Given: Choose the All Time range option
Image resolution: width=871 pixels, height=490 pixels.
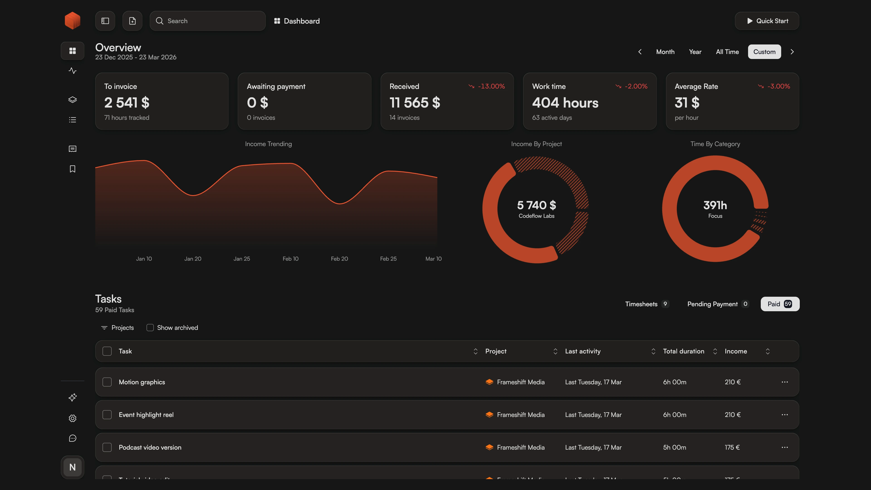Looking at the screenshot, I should pos(727,52).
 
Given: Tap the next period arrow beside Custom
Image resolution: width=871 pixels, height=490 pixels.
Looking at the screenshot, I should pos(792,52).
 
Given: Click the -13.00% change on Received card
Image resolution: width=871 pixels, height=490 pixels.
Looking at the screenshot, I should pos(491,86).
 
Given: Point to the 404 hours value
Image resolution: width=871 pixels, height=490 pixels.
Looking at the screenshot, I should pos(565,103).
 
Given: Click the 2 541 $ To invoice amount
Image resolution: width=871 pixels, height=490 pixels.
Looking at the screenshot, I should pos(127,103).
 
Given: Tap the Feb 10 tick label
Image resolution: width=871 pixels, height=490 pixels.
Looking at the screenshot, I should pos(290,259).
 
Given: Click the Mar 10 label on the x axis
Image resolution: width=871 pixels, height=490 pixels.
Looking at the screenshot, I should pos(433,259).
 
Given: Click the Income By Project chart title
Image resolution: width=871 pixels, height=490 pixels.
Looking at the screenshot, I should pos(536,144).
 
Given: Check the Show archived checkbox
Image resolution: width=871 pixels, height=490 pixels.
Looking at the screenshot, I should pos(150,328).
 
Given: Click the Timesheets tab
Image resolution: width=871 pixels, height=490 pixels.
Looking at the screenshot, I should pos(641,304).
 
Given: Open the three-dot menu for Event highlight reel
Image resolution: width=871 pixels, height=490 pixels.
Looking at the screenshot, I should pos(784,415).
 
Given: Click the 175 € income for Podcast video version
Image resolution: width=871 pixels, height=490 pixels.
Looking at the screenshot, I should pos(732,447).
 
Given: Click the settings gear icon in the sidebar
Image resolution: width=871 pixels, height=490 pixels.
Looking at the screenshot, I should pos(72,418).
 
